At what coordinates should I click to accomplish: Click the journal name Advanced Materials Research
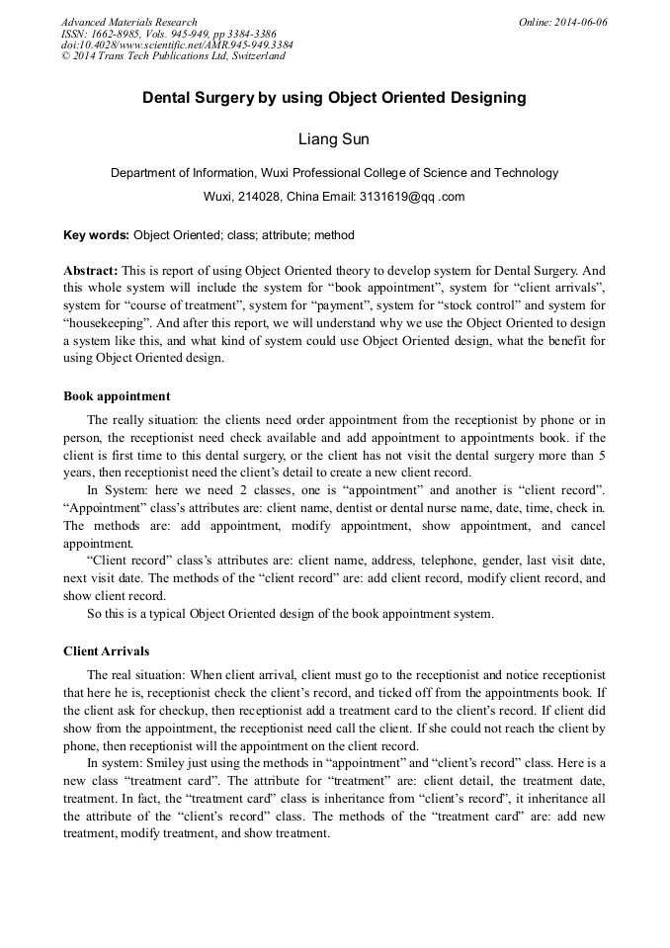coord(128,22)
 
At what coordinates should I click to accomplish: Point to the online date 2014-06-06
coord(580,22)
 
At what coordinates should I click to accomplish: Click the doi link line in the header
coord(176,44)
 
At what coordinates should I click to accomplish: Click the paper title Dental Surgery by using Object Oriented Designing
coord(334,98)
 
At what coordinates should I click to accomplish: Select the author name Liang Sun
coord(334,139)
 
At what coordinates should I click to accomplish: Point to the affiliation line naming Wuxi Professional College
coord(334,172)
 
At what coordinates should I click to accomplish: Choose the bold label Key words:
coord(96,235)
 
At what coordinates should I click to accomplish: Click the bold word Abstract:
coord(91,270)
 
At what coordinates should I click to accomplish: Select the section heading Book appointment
coord(117,396)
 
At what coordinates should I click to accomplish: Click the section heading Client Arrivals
coord(107,651)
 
